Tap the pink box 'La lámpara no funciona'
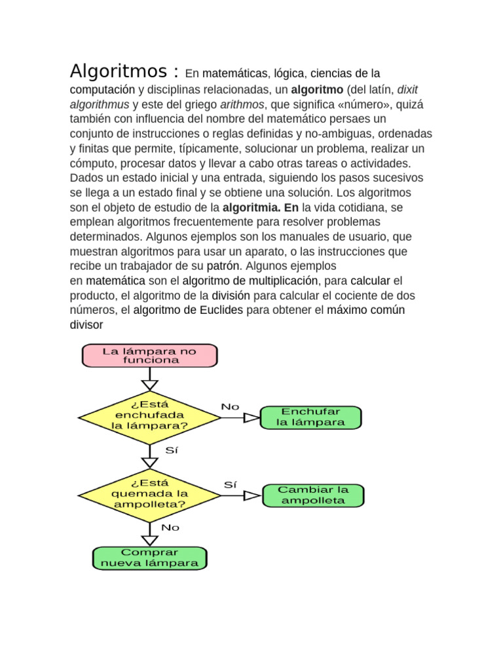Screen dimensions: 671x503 tap(149, 356)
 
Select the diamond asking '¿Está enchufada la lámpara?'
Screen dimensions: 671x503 tap(149, 415)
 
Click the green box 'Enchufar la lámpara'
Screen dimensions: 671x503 tap(310, 417)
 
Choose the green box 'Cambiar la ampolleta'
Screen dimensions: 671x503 tap(312, 495)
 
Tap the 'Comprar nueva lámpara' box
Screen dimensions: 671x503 tap(149, 558)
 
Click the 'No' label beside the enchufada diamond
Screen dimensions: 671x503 tap(230, 406)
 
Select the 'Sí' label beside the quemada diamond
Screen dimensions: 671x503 tap(230, 485)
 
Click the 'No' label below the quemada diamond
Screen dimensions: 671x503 tap(170, 527)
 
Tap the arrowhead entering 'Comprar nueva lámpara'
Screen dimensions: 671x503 tap(150, 540)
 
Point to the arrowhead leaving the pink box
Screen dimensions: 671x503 tap(150, 384)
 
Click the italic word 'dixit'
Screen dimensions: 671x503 tap(411, 89)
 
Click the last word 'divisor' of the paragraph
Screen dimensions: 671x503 tap(86, 324)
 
